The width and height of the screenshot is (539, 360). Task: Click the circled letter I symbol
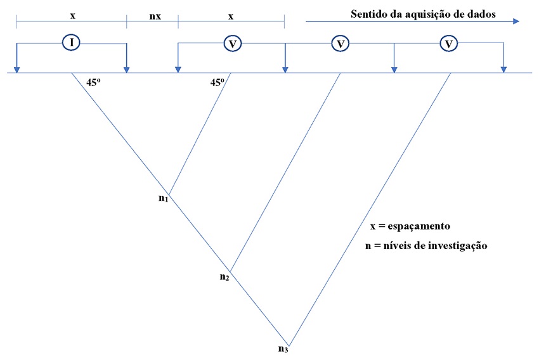[72, 42]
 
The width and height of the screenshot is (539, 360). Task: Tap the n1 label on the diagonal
[163, 198]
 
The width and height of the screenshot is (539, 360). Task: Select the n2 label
[224, 276]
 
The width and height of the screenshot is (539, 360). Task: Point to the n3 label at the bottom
[283, 348]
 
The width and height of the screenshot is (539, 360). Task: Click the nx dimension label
[155, 15]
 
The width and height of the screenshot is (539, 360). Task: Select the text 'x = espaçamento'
[410, 226]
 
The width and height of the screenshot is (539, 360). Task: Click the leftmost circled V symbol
[232, 43]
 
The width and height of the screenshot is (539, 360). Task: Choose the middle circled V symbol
[341, 43]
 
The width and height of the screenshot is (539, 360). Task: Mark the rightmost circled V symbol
[449, 43]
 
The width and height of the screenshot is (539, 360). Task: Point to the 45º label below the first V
[218, 81]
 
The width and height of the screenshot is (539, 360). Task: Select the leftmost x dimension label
[72, 15]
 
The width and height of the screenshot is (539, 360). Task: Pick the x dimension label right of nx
[231, 15]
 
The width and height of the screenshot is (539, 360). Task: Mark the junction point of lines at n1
[169, 195]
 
